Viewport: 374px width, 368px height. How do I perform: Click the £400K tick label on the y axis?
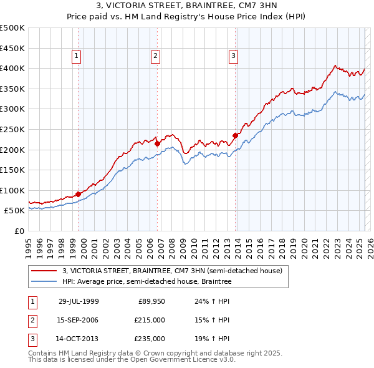(x=12, y=69)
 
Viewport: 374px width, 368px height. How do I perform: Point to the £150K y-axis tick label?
(x=12, y=170)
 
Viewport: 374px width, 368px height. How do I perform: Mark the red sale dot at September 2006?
(x=157, y=143)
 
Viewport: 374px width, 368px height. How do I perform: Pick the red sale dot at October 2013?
(x=235, y=135)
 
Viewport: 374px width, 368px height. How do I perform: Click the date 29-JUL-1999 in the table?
(x=79, y=301)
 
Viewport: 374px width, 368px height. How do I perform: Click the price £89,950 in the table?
(x=151, y=301)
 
